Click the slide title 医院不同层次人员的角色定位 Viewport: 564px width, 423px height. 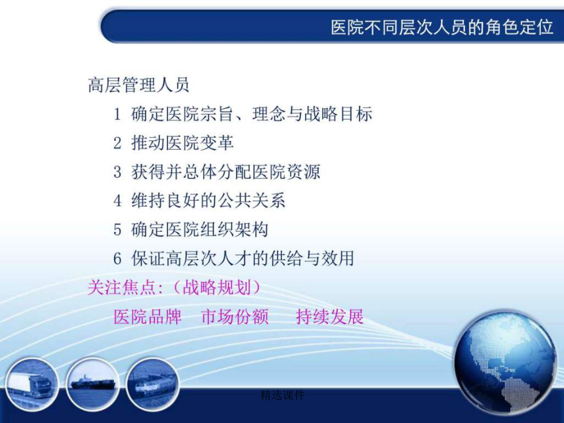(442, 28)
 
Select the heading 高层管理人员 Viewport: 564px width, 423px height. (138, 85)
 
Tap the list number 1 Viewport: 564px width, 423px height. (117, 115)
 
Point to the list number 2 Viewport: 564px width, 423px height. (117, 143)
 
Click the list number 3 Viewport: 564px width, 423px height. (117, 172)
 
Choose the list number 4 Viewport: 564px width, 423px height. (117, 201)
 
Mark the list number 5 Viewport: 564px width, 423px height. (117, 229)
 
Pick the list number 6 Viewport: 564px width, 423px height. (117, 258)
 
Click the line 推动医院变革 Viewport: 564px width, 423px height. (182, 143)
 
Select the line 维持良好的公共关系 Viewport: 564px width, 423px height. (208, 201)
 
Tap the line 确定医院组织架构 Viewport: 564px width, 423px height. (200, 229)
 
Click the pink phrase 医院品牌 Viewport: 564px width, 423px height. (147, 316)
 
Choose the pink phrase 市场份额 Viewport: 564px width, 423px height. (235, 316)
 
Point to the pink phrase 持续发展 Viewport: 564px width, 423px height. (330, 316)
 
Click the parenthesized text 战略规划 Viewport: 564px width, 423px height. (217, 288)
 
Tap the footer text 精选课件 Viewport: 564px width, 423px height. (283, 395)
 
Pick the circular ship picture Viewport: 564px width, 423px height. (93, 384)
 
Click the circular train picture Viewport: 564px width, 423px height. (152, 384)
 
